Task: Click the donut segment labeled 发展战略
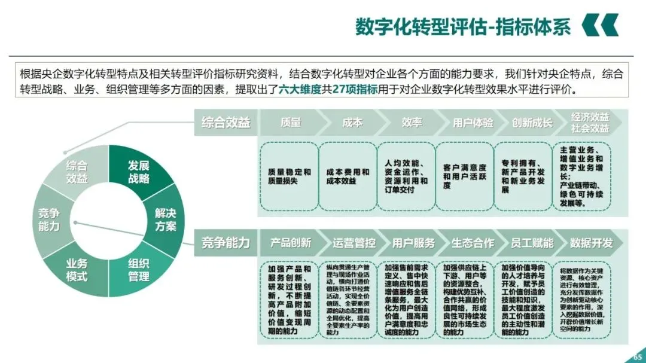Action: click(138, 172)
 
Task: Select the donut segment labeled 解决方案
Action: click(166, 220)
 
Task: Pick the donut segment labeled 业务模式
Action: click(77, 270)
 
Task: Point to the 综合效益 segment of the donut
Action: click(77, 172)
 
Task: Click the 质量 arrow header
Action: click(291, 123)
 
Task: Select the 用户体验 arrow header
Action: click(473, 123)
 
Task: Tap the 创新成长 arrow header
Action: click(532, 123)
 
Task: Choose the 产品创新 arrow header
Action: click(291, 243)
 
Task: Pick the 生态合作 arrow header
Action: click(473, 243)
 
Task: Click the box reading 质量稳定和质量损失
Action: click(290, 176)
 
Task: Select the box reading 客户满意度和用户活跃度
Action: click(465, 176)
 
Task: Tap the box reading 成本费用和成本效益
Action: click(348, 176)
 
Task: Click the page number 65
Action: click(636, 357)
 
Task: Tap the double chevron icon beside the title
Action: click(599, 26)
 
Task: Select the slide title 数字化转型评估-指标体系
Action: click(463, 27)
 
